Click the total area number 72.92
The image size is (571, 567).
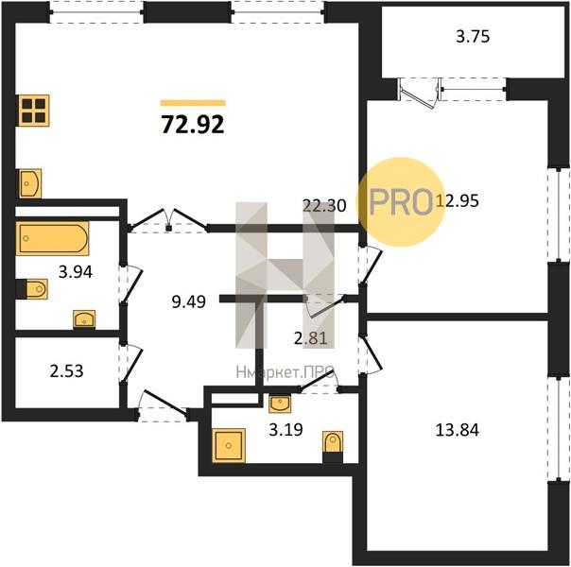193,125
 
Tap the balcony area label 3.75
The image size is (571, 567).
473,37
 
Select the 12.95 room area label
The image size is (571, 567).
458,201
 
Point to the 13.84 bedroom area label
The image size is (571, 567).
458,430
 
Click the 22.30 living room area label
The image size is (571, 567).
324,206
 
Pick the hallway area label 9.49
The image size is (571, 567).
189,301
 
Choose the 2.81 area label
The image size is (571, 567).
311,338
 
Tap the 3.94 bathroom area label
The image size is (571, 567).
76,272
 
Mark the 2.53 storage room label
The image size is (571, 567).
66,371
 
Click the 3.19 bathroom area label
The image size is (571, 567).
285,430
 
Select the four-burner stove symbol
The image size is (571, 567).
34,111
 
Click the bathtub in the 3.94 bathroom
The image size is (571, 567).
52,239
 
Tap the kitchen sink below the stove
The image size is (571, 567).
30,183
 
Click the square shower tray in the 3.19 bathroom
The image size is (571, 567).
229,445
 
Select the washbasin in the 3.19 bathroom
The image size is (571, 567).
280,404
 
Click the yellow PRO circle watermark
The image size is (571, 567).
401,202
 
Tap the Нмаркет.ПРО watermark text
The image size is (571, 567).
285,372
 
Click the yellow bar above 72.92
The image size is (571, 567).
193,103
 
